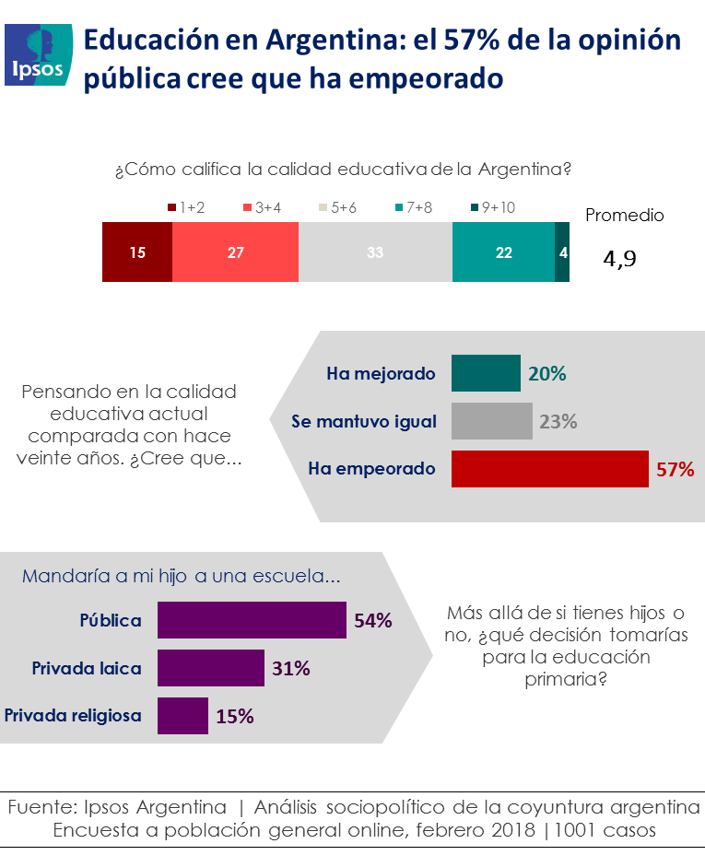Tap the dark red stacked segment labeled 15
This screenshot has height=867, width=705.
tap(137, 252)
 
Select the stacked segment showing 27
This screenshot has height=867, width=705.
tap(235, 252)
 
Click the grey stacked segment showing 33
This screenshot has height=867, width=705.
tap(375, 252)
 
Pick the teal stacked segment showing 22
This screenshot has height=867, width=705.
tap(503, 252)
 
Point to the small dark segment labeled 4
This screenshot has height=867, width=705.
tap(561, 252)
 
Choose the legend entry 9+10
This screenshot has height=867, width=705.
tap(492, 208)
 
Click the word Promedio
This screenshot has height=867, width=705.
tap(625, 216)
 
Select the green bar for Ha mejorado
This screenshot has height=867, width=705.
tap(486, 374)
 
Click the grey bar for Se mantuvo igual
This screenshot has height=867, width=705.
tap(491, 421)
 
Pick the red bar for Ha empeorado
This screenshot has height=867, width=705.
tap(550, 469)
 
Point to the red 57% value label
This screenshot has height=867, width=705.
tap(675, 469)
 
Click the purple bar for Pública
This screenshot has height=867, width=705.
tap(252, 620)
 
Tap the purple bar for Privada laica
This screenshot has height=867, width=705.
tap(211, 668)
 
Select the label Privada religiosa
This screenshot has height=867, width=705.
tap(74, 715)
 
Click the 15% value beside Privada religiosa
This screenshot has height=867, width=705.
tap(235, 716)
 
